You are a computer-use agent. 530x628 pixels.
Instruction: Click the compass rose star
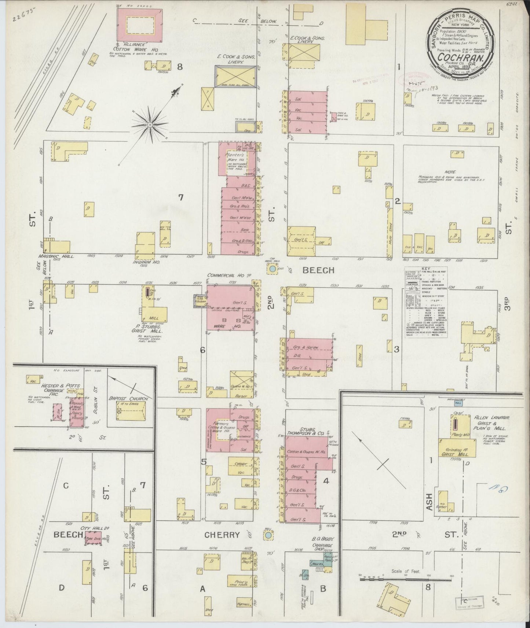(x=150, y=124)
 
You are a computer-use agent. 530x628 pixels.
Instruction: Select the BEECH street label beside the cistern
(x=318, y=270)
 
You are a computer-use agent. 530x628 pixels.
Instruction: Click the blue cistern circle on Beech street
(x=272, y=269)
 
